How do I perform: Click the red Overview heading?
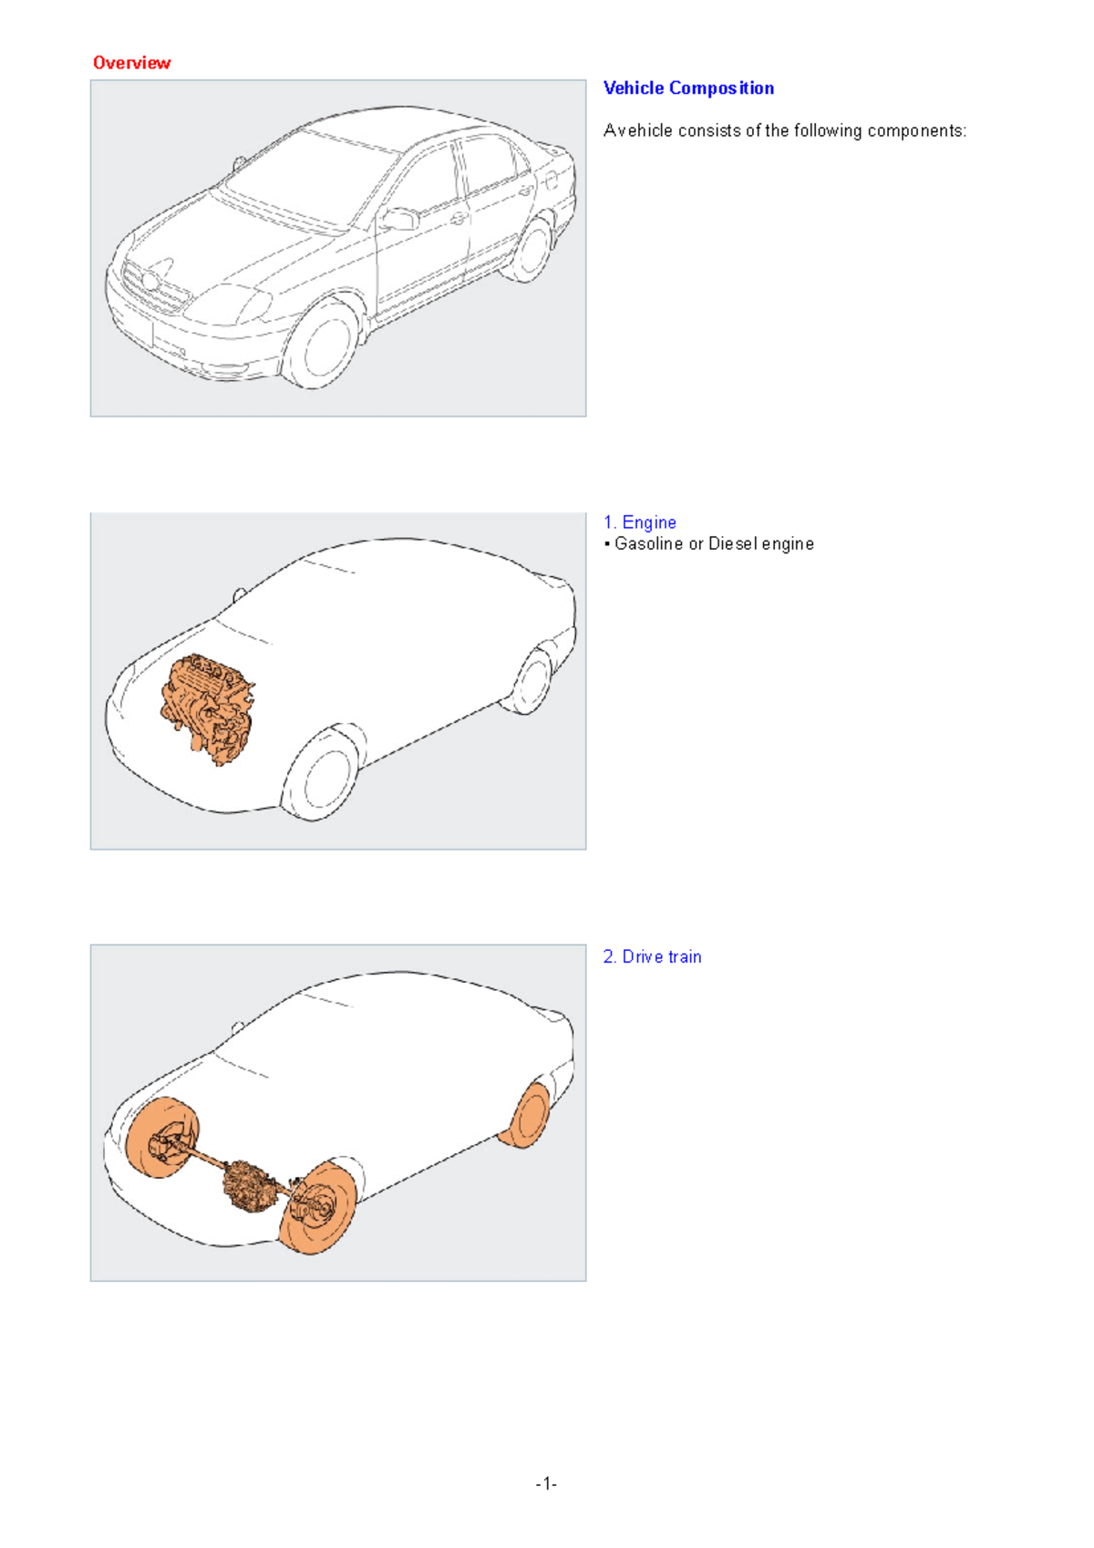pyautogui.click(x=131, y=63)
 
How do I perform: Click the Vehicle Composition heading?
pyautogui.click(x=688, y=88)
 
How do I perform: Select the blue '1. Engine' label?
pyautogui.click(x=639, y=522)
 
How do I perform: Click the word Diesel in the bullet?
pyautogui.click(x=733, y=544)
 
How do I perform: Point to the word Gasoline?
pyautogui.click(x=648, y=544)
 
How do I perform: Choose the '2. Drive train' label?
pyautogui.click(x=652, y=956)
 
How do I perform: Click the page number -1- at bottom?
pyautogui.click(x=546, y=1483)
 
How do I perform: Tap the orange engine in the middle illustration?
pyautogui.click(x=208, y=707)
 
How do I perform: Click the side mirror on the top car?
pyautogui.click(x=400, y=219)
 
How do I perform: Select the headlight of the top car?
pyautogui.click(x=230, y=304)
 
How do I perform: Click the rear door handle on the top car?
pyautogui.click(x=525, y=191)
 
